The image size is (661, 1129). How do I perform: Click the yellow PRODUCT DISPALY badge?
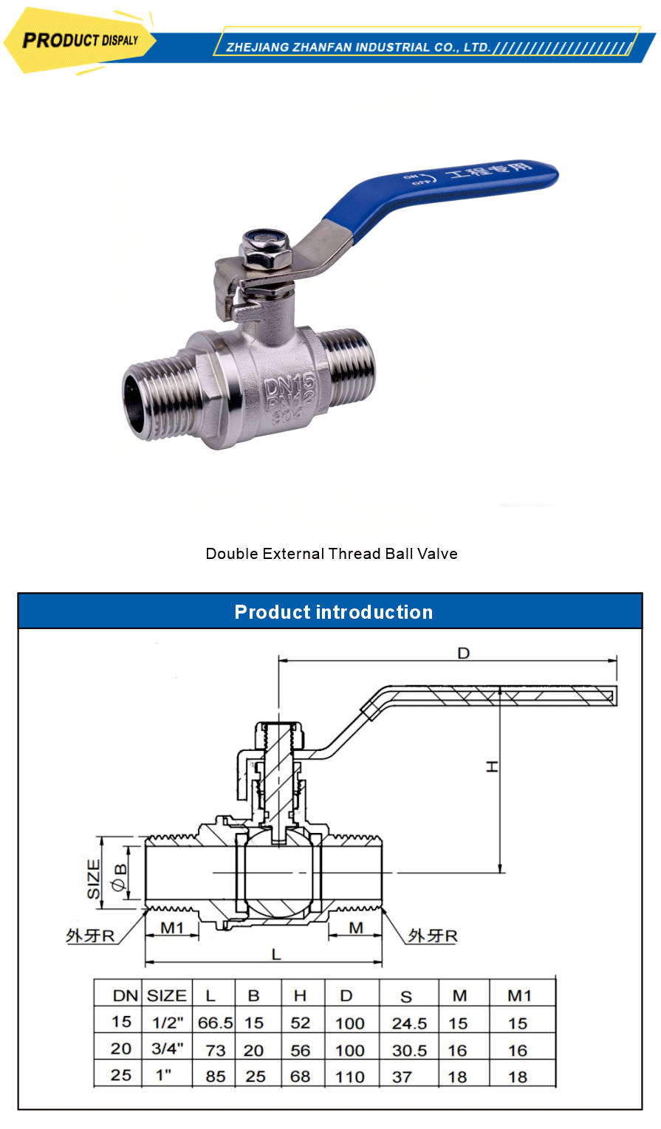coord(80,40)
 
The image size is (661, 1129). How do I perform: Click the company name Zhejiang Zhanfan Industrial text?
coord(358,47)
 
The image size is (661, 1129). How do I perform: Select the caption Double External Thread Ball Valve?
coord(332,554)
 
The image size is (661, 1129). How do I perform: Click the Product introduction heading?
coord(333,612)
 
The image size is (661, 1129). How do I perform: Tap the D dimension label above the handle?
coord(463,653)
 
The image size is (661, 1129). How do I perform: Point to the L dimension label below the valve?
coord(276,954)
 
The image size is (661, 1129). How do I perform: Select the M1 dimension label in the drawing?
coord(172,927)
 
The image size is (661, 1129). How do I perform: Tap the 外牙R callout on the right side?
coord(433,936)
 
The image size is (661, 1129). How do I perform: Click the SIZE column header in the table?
coord(167,995)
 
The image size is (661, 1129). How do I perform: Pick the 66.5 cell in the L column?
coord(215,1023)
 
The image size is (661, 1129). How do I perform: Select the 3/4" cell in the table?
coord(168,1049)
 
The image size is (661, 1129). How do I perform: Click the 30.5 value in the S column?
coord(409,1050)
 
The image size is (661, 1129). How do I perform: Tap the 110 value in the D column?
coord(350,1077)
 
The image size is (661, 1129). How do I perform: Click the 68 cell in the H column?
coord(301,1077)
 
